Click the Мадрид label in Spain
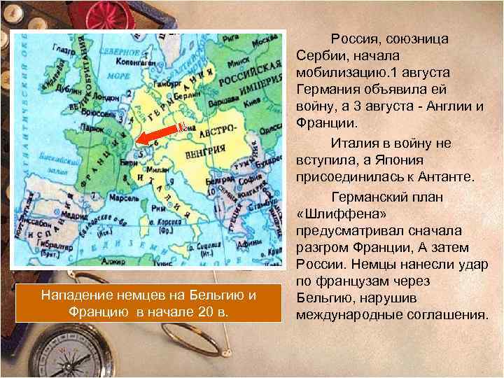click(54, 214)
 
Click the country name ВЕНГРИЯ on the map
click(211, 149)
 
